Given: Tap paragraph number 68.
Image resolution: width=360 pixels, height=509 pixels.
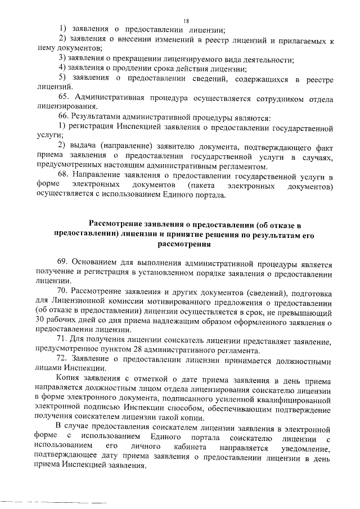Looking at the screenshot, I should tap(64, 175).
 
